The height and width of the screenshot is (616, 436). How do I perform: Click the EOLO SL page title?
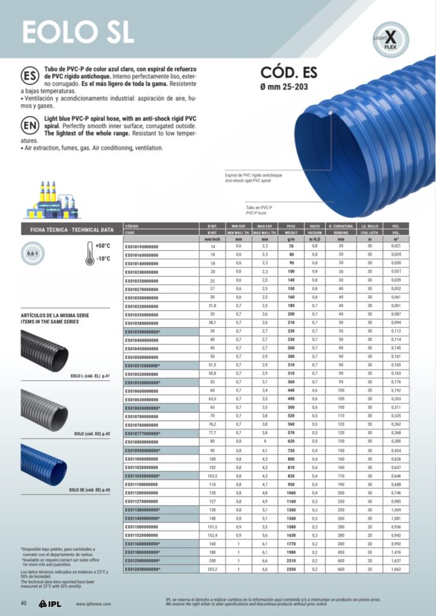point(77,31)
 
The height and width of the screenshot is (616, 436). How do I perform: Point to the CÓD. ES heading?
point(288,73)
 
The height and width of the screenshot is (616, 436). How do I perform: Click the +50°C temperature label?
point(103,245)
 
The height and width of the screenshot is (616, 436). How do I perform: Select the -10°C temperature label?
point(103,259)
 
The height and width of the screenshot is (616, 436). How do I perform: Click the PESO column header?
point(290,226)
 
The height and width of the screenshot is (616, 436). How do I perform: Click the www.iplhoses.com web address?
point(96,604)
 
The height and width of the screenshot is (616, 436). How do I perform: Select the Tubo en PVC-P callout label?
point(259,207)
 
